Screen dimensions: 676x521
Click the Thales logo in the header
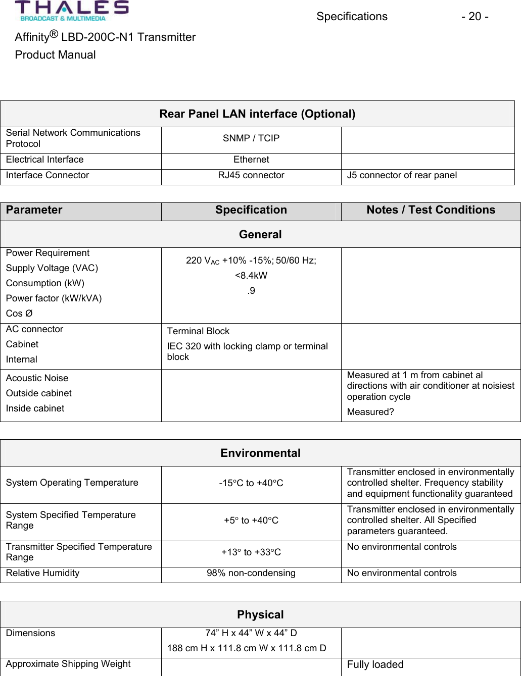72,11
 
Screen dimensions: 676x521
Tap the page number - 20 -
474,17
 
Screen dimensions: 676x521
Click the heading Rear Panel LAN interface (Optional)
257,114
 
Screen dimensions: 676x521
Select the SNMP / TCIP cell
251,138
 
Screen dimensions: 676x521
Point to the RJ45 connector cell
251,175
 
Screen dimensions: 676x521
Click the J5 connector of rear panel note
402,175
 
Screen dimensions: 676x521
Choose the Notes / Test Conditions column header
431,210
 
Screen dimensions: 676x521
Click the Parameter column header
34,210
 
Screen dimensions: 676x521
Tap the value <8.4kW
251,276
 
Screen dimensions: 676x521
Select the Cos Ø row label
19,314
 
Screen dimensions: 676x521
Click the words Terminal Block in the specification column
198,331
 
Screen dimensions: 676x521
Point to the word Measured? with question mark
370,412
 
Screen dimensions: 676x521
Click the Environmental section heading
260,453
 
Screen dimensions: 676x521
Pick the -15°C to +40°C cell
251,483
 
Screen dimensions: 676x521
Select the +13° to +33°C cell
251,552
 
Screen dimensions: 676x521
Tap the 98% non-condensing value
251,573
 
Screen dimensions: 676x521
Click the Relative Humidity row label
43,573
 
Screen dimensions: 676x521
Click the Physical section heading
260,615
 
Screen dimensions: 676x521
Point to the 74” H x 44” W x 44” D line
251,633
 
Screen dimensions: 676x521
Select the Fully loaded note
375,665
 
